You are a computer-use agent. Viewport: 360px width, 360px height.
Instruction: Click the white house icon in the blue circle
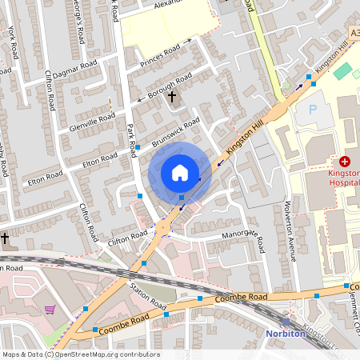180,173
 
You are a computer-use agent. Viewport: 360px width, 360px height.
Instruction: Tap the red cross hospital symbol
345,161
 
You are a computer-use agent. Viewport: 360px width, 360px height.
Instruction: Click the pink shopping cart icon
50,310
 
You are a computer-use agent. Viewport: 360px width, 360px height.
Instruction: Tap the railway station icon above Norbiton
286,322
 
